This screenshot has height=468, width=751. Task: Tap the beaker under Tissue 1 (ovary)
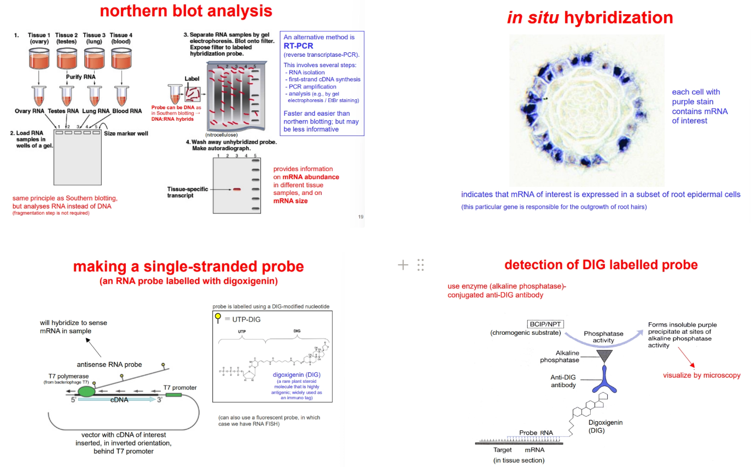point(38,58)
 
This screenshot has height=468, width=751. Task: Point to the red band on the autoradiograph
point(236,189)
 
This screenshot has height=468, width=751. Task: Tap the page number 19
point(360,217)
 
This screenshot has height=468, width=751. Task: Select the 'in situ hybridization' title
point(590,18)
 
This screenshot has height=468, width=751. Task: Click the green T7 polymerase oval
point(86,392)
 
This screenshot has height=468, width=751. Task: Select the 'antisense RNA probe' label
point(109,364)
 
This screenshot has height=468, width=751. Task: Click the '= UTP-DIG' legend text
point(243,319)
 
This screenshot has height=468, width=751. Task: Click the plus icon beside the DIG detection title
point(403,265)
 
